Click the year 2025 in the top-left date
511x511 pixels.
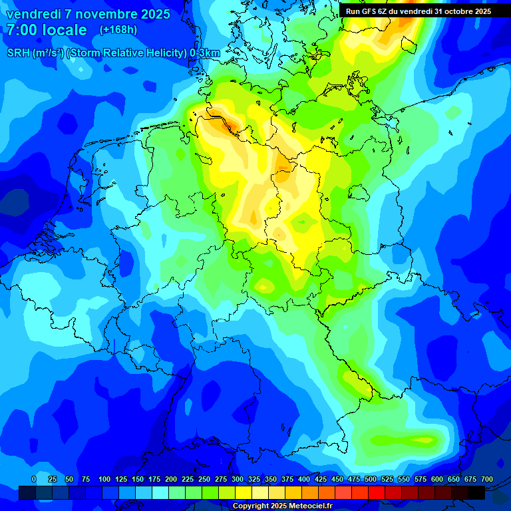[152, 14]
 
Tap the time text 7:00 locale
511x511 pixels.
[47, 30]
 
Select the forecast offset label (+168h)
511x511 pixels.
[118, 30]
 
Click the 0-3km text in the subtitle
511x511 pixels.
[205, 53]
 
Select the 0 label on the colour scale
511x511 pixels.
[34, 479]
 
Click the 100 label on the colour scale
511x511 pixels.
[104, 479]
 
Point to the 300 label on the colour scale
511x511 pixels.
[237, 479]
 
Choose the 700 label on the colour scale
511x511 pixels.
[487, 479]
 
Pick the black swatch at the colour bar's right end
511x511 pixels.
[476, 492]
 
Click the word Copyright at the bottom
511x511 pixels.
[252, 506]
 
